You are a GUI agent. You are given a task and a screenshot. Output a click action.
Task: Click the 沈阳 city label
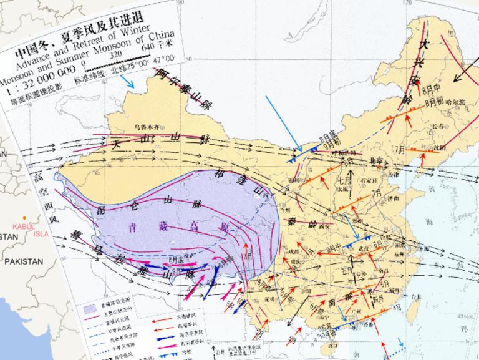pyautogui.click(x=440, y=147)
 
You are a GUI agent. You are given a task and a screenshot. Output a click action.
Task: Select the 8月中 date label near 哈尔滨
pyautogui.click(x=430, y=89)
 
